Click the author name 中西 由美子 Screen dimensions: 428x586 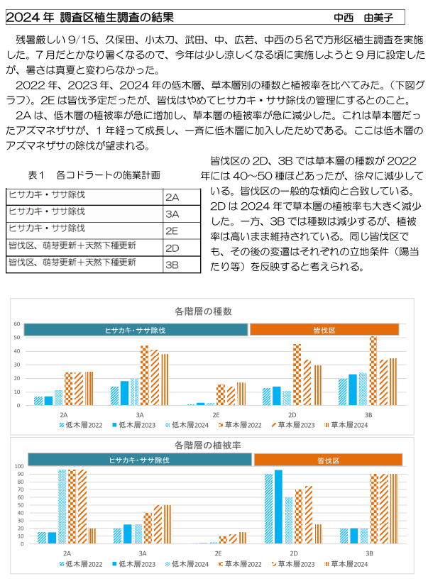363,18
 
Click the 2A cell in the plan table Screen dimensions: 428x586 182,197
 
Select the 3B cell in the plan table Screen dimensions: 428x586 182,265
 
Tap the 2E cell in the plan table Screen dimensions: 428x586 182,231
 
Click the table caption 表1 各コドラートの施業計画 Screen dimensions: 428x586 94,175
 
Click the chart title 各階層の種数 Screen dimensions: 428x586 203,311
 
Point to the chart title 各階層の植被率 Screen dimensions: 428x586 208,445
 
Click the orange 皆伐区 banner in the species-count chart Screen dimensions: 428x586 324,330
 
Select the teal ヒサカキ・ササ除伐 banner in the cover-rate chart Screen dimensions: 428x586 139,460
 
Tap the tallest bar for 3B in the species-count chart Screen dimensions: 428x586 373,371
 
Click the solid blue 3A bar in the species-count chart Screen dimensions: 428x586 124,393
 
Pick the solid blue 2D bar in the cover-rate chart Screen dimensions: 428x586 278,507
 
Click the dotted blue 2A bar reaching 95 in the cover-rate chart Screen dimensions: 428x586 62,507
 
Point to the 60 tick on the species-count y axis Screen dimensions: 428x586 17,324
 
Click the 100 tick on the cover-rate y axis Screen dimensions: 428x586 19,466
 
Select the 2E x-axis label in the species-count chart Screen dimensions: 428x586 216,415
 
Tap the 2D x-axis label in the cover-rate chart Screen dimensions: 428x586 294,553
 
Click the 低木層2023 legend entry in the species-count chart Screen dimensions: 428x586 134,425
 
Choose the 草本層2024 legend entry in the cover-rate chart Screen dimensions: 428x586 346,564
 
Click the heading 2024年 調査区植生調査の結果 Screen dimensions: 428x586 89,17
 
